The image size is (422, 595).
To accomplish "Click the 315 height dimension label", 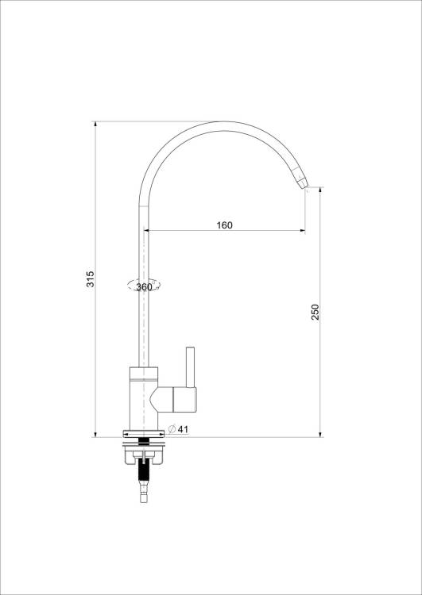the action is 91,279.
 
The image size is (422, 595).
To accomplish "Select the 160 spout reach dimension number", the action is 224,225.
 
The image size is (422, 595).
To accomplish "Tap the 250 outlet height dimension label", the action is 316,312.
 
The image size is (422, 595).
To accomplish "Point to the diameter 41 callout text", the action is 178,429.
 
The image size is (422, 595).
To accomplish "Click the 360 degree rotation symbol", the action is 144,286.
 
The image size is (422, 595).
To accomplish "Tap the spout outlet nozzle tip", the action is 302,183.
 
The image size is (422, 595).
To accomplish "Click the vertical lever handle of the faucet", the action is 190,367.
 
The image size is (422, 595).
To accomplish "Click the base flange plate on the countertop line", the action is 144,434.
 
